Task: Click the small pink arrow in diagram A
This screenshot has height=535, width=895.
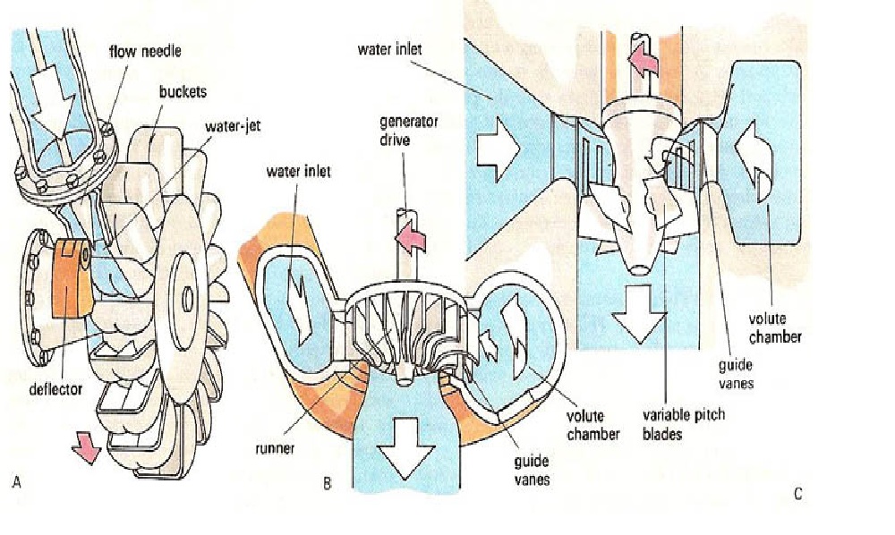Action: click(x=88, y=446)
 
